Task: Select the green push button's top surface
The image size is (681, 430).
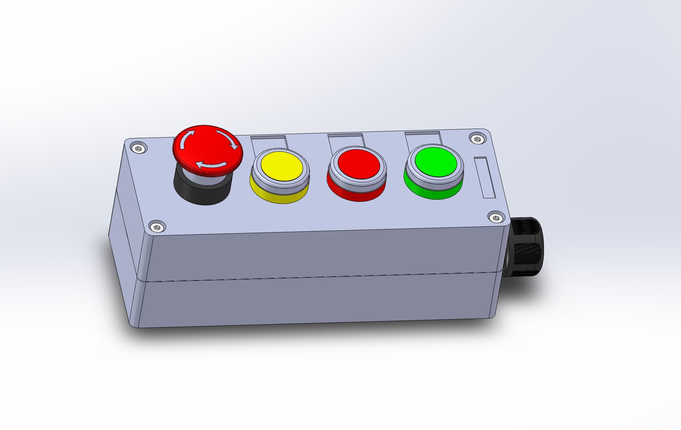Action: click(435, 162)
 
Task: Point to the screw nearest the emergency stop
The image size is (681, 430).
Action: click(138, 149)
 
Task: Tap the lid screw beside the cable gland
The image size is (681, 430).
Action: click(495, 218)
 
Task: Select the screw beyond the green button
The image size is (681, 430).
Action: click(477, 139)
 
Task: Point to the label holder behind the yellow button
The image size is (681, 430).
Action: click(269, 141)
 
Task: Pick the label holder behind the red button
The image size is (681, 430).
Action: click(346, 139)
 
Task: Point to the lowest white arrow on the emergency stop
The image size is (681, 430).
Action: click(211, 164)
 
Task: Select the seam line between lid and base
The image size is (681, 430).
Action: click(318, 278)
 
